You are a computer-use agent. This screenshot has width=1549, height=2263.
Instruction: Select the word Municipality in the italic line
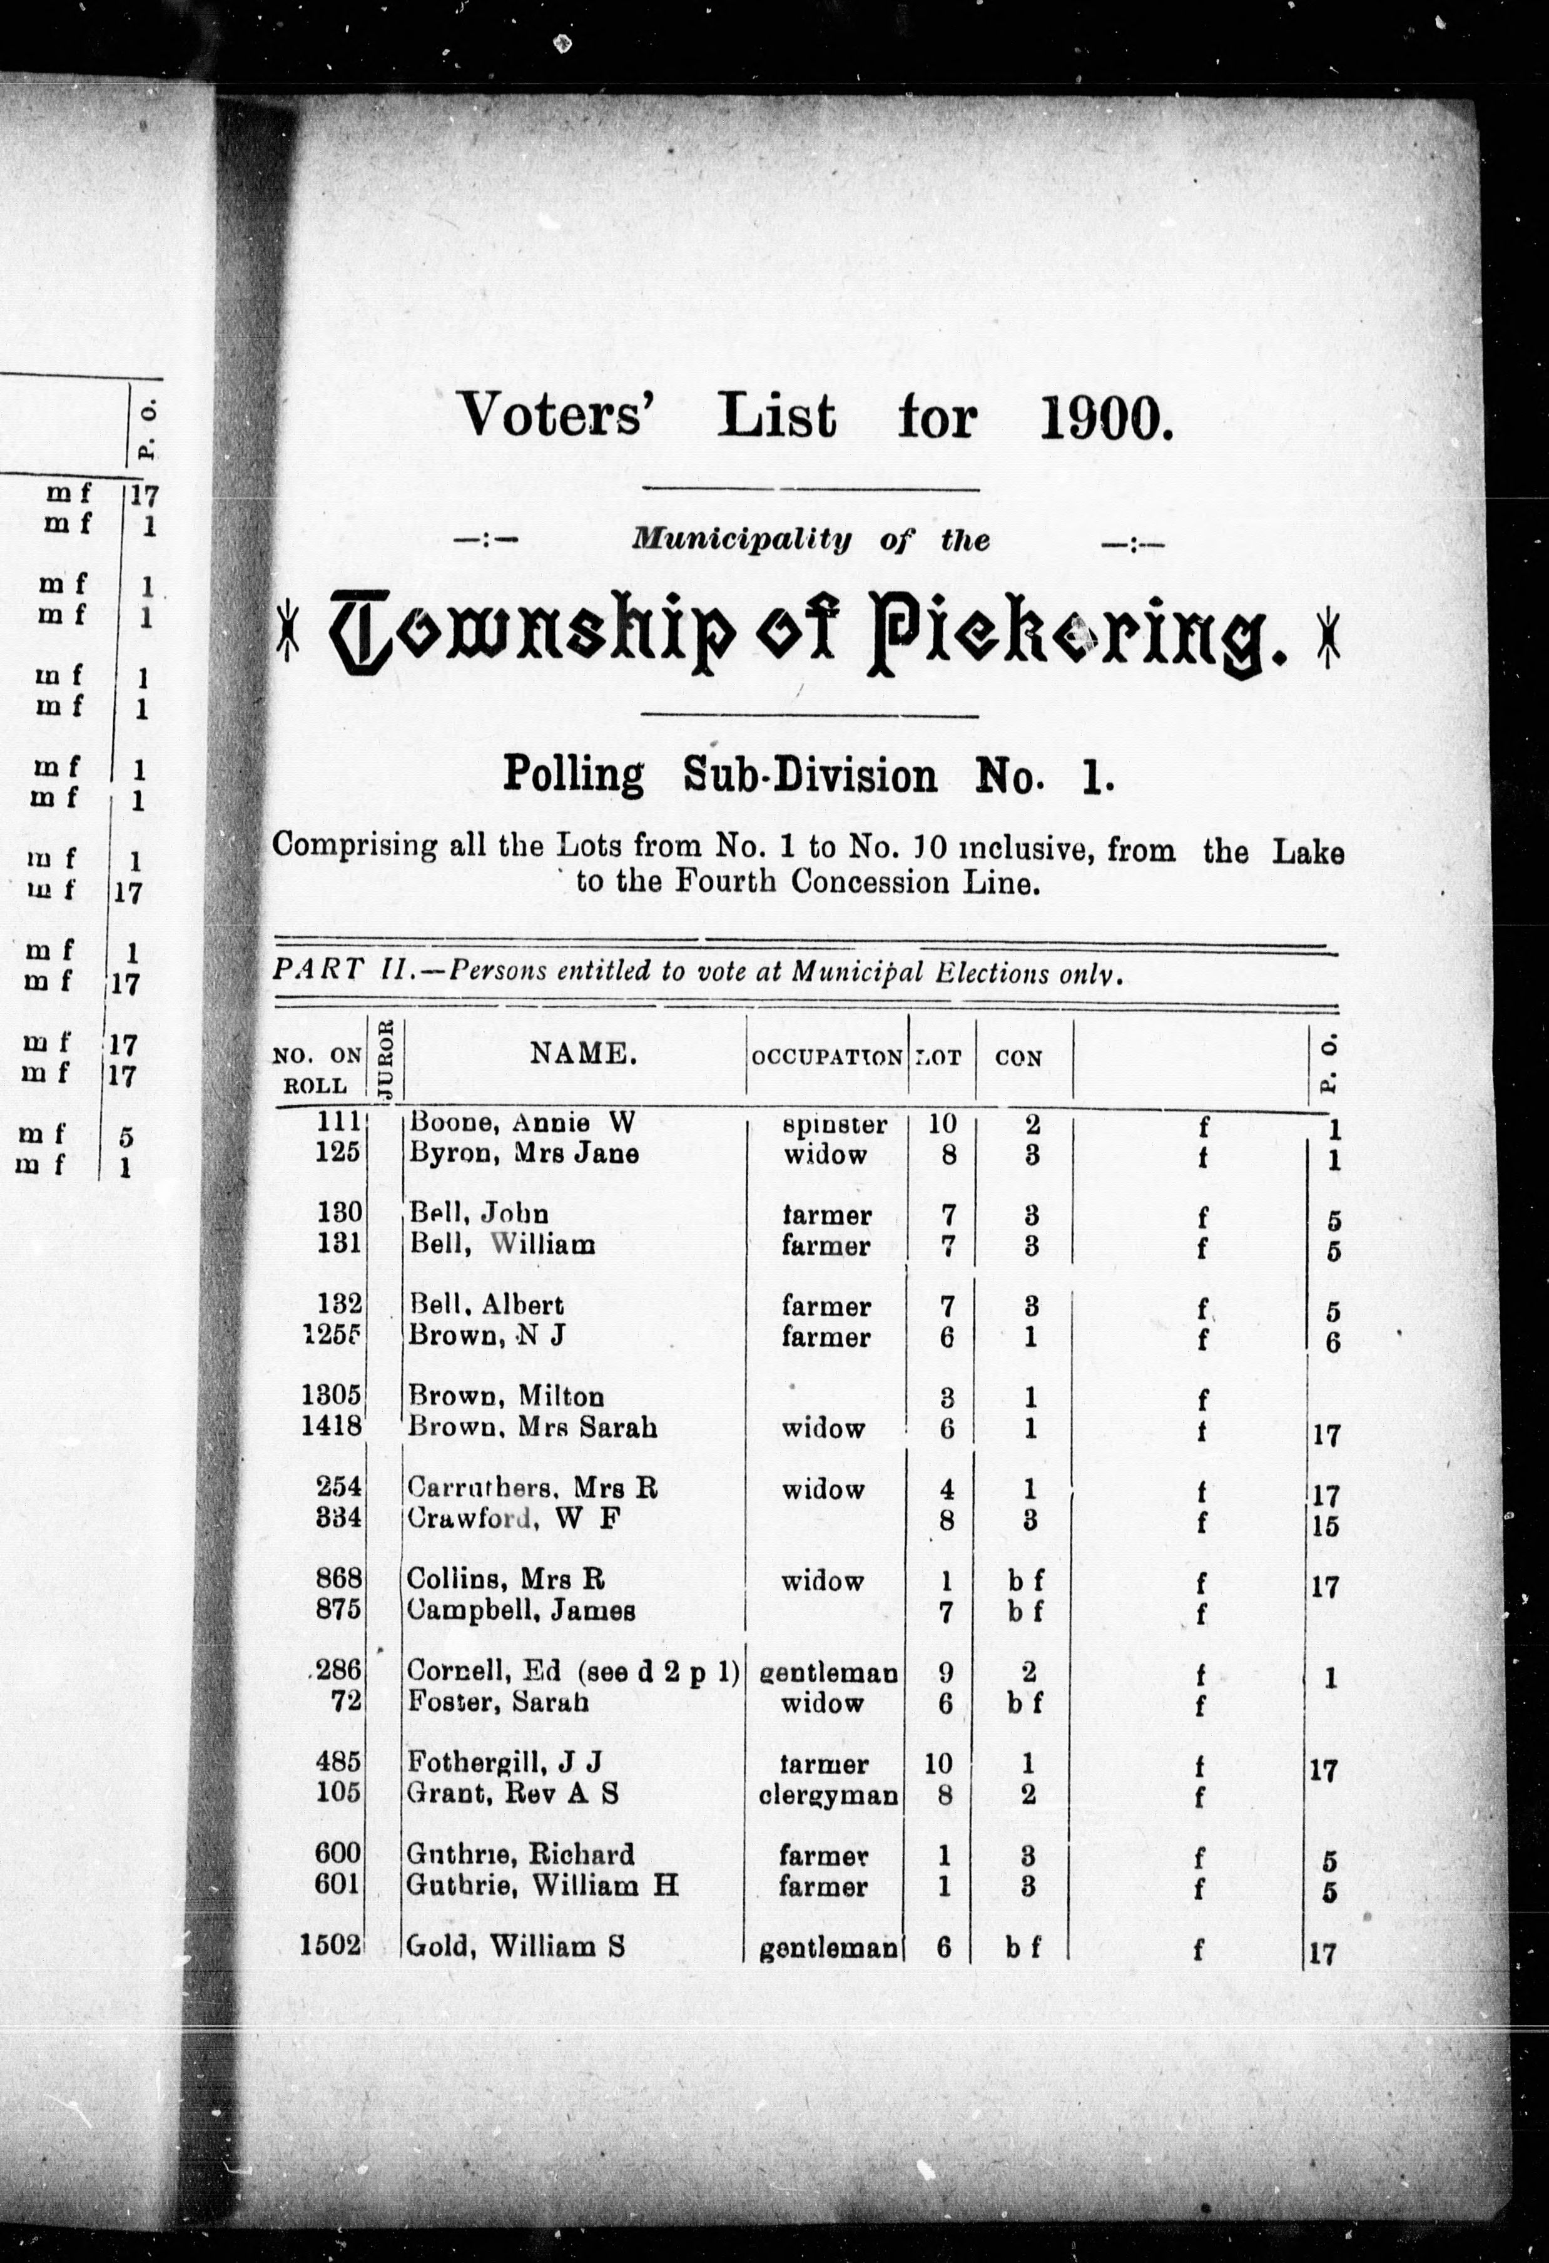[x=741, y=538]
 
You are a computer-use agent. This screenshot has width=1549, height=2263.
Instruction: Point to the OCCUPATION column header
[x=826, y=1058]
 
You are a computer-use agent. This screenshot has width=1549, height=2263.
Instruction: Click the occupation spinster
[x=835, y=1125]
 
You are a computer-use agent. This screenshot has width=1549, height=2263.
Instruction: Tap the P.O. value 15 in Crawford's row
[x=1324, y=1525]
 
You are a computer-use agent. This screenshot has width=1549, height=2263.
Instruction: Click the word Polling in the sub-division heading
[x=572, y=776]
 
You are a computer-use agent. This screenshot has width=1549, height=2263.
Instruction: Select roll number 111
[x=339, y=1121]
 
